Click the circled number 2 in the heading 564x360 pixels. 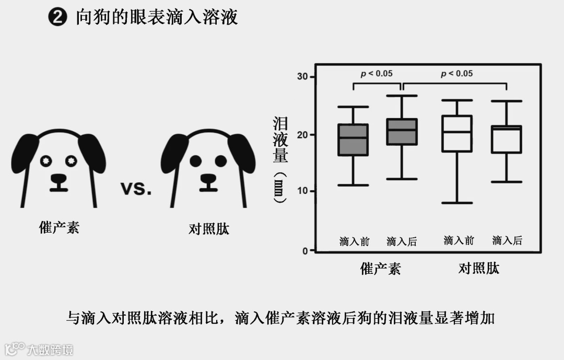(57, 18)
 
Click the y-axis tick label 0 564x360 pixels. (305, 251)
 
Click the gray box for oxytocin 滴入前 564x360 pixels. (353, 140)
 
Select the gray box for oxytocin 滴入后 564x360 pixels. (402, 132)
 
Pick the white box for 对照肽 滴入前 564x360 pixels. (457, 134)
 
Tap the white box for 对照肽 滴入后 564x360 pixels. (507, 139)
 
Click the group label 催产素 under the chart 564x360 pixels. (381, 269)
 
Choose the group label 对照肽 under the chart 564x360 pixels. (479, 269)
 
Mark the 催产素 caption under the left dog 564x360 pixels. (59, 227)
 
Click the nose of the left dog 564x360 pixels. (58, 179)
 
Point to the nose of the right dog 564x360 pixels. (208, 179)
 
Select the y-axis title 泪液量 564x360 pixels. (280, 140)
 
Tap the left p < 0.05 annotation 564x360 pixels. (377, 73)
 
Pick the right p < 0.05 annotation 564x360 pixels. (456, 73)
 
